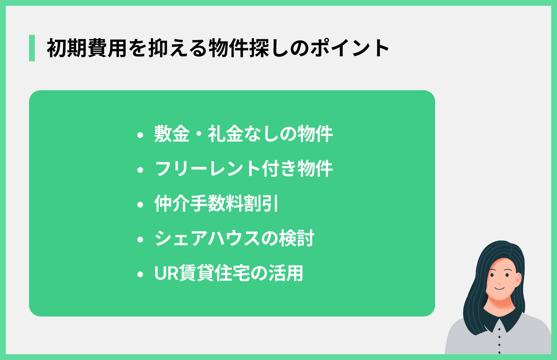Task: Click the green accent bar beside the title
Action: (32, 48)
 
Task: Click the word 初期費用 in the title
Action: (86, 48)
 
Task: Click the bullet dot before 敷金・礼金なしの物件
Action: (140, 135)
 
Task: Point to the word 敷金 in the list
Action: (172, 134)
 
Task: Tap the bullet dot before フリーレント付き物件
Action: (140, 170)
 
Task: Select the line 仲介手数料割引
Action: (216, 204)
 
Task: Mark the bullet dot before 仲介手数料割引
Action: (140, 205)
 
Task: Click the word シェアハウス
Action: (207, 238)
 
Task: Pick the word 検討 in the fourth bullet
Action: (296, 238)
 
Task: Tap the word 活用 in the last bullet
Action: (286, 273)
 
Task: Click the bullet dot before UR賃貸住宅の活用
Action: (140, 274)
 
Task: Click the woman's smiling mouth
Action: (500, 288)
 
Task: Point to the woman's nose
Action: (500, 282)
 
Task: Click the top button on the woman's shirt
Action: (499, 329)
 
